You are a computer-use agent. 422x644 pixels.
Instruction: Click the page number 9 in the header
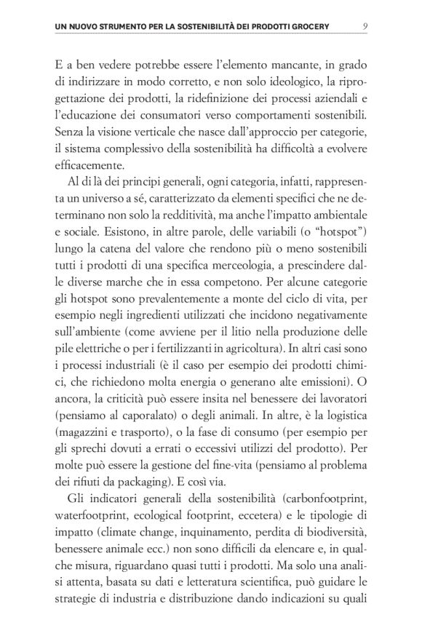[364, 27]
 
